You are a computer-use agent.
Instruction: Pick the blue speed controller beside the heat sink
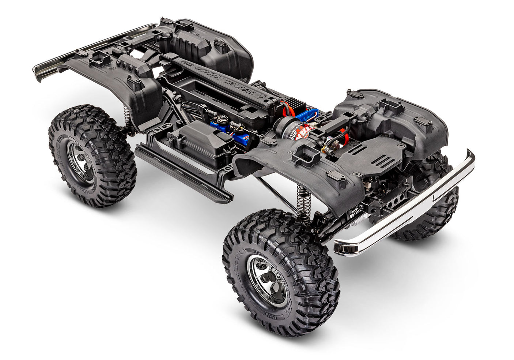pos(306,114)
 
